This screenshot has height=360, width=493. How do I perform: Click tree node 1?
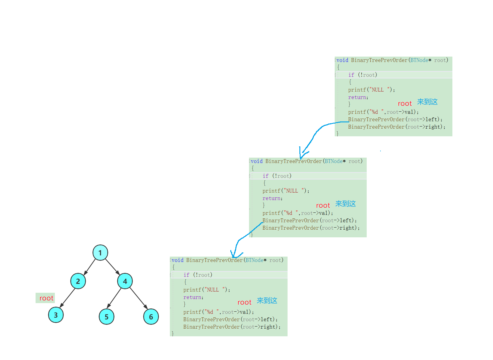tap(100, 253)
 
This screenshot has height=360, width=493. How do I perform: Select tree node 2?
tap(78, 281)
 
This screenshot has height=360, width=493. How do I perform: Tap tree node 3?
tap(56, 315)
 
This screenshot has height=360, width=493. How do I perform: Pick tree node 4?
tap(125, 281)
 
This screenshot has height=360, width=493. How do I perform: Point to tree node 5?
tap(106, 317)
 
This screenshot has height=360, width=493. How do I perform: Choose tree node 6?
tap(151, 317)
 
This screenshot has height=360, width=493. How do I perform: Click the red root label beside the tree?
tap(46, 298)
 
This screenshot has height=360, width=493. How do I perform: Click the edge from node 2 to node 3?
tap(68, 297)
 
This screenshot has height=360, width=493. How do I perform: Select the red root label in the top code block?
tap(405, 103)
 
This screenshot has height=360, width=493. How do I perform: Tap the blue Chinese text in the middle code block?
tap(345, 204)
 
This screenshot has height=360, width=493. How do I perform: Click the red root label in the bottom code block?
tap(244, 302)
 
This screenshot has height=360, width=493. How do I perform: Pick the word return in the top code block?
tap(358, 97)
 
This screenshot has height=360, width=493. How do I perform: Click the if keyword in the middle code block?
tap(265, 176)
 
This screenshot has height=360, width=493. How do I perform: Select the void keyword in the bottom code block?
tap(177, 260)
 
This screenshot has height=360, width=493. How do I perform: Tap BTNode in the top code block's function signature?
tap(419, 60)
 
